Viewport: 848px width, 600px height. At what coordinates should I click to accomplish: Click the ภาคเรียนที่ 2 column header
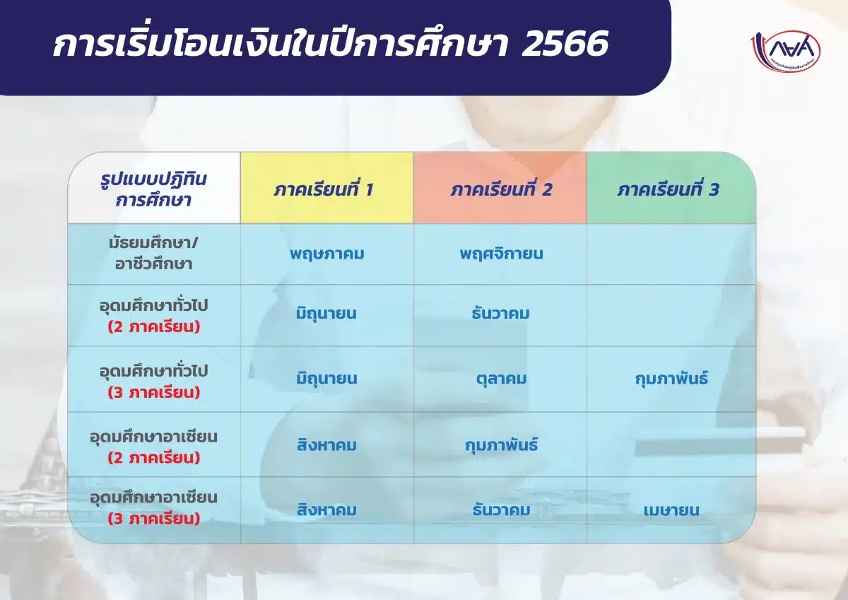(x=501, y=189)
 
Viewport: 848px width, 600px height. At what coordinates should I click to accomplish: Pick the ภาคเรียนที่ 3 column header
(x=668, y=189)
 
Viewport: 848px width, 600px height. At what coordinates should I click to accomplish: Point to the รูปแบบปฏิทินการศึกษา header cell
(x=154, y=189)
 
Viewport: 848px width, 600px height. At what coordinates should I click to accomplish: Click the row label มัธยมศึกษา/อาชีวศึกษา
(x=154, y=254)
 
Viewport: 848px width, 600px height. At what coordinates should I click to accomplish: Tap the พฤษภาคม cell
(x=326, y=253)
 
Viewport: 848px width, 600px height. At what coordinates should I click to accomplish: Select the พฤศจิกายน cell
(x=501, y=253)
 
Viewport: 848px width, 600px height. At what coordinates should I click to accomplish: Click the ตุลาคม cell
(x=501, y=379)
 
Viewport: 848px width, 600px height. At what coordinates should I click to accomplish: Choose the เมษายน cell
(x=671, y=510)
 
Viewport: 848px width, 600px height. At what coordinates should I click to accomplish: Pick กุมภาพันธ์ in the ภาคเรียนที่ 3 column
(x=671, y=379)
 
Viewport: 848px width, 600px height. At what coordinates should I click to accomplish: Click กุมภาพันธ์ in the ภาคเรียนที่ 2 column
(x=501, y=445)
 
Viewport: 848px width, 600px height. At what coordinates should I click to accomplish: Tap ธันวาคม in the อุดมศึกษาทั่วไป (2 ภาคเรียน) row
(x=501, y=313)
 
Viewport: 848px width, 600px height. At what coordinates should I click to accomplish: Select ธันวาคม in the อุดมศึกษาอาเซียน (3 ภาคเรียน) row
(x=501, y=510)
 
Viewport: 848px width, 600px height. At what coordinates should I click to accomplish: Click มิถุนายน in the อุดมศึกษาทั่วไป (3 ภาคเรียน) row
(x=326, y=379)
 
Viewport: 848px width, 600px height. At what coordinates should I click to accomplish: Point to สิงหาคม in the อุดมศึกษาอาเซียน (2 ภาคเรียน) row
(x=326, y=445)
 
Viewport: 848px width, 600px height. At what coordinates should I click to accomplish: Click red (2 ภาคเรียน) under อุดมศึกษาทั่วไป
(x=154, y=327)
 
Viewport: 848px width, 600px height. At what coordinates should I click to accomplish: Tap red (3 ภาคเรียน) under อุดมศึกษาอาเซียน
(x=154, y=519)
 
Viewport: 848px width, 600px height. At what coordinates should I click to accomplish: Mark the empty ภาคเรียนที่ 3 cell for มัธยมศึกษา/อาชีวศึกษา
(x=671, y=254)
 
